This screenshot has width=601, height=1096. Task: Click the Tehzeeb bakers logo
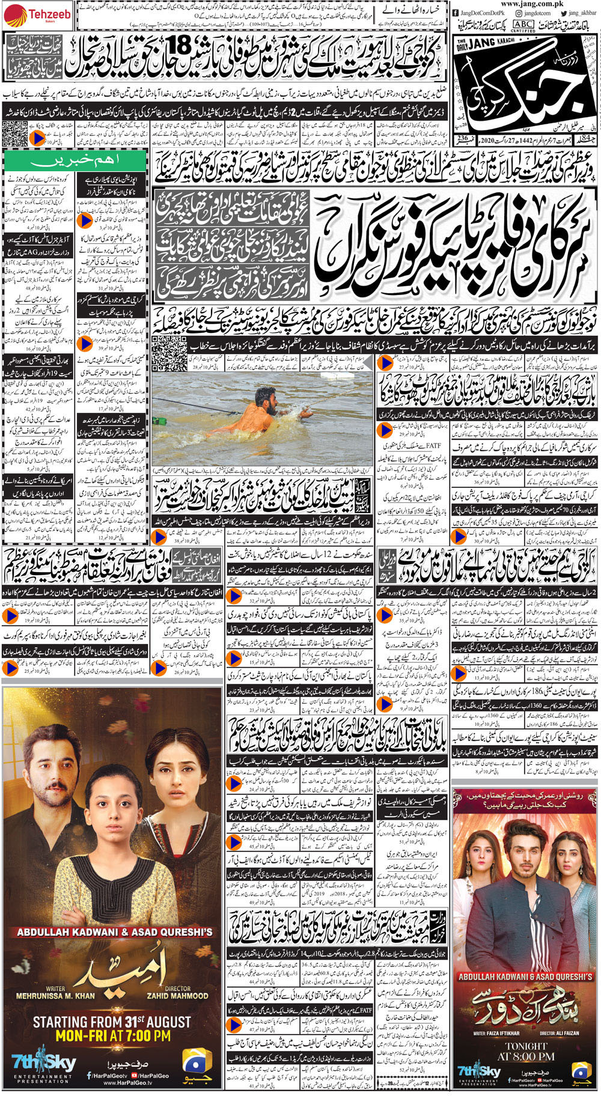coord(30,12)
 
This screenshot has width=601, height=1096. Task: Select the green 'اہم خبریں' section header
coord(75,161)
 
